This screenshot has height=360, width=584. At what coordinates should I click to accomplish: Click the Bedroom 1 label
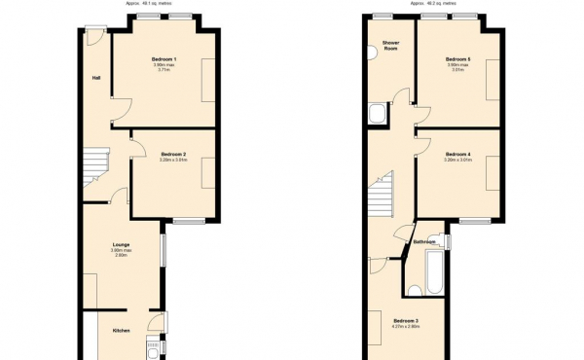tap(164, 59)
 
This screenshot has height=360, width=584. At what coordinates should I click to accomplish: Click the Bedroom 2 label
tap(173, 154)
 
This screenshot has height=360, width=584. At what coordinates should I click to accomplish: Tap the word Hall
tap(96, 78)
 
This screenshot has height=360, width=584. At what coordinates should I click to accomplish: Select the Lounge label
tap(122, 244)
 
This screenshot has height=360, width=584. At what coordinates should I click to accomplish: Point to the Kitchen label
tap(121, 331)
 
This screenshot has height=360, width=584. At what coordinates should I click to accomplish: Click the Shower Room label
tap(391, 46)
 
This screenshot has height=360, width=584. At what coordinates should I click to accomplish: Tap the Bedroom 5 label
tap(458, 59)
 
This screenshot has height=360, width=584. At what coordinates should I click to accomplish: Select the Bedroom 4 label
tap(457, 154)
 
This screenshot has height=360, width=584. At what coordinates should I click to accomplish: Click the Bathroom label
tap(424, 242)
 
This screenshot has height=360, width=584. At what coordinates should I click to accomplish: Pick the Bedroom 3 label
tap(406, 321)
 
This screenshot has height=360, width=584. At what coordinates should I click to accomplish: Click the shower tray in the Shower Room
tap(378, 117)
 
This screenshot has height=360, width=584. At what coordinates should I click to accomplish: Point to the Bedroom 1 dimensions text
tap(164, 68)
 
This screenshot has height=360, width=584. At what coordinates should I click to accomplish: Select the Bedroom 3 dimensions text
tap(406, 328)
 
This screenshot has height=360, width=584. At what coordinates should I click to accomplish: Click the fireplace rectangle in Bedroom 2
tap(208, 173)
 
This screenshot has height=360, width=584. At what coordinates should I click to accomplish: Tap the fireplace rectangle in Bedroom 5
tap(493, 80)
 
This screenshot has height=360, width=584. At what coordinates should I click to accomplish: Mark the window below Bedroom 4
tap(474, 222)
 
